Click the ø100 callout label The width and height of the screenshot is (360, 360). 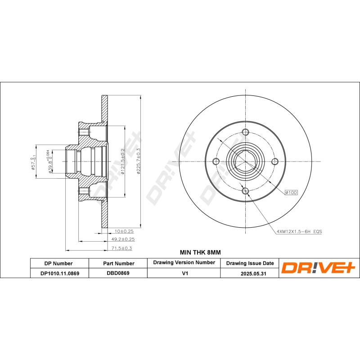[291, 192]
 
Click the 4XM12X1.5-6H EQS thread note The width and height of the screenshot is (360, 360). [299, 231]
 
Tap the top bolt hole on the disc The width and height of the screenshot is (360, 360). [245, 132]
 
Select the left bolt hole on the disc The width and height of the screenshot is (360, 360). [216, 162]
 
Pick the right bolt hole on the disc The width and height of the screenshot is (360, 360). [275, 162]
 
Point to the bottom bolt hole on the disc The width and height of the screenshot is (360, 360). [245, 192]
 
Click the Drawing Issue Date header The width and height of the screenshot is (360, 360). [249, 263]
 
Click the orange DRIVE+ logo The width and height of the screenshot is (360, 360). [319, 268]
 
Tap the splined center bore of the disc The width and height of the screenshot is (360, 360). [245, 162]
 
